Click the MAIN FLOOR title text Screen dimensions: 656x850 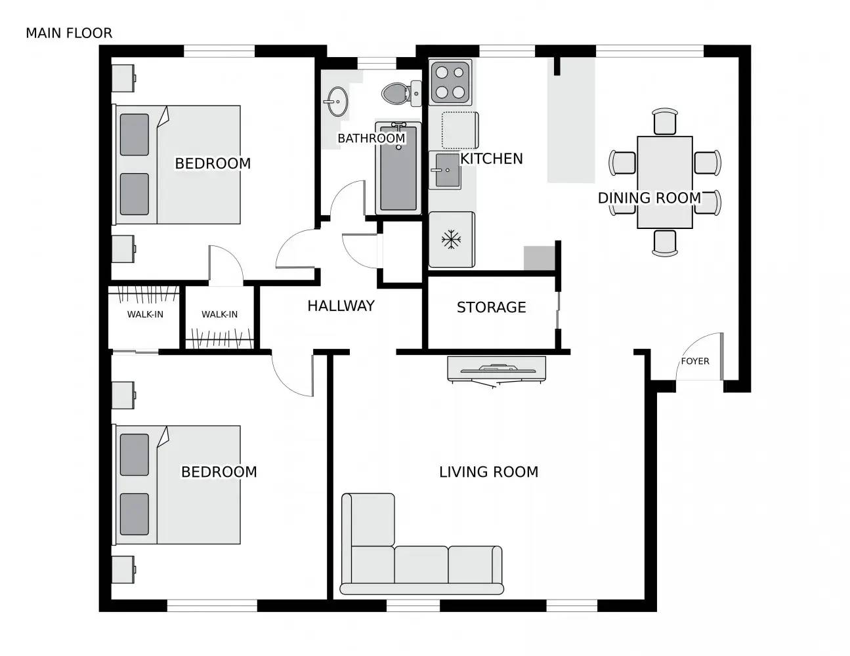click(69, 33)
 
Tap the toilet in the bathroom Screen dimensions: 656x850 click(398, 93)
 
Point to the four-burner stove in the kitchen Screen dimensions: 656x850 click(450, 83)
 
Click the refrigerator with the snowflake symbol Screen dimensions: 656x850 click(451, 240)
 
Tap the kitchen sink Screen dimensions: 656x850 click(445, 171)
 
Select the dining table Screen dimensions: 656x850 click(664, 182)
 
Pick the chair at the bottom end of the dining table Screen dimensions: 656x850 click(664, 243)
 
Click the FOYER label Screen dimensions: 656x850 click(694, 361)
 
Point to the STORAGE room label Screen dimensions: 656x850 click(491, 307)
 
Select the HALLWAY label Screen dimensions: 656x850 click(341, 306)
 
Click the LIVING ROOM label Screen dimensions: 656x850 click(488, 472)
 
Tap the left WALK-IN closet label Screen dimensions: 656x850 click(145, 314)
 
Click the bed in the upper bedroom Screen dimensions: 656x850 click(179, 165)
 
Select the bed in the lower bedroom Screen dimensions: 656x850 click(179, 485)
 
